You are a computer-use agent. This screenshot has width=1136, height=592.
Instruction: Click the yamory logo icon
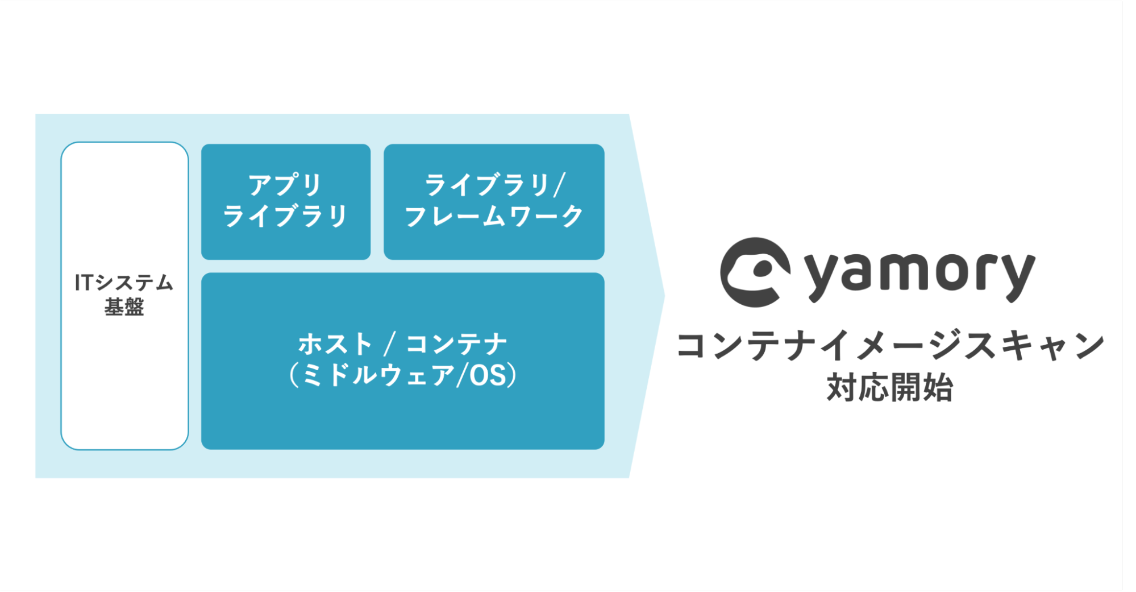click(755, 272)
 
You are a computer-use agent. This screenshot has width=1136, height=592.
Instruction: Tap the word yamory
click(919, 275)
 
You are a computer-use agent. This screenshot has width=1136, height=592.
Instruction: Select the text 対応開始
click(889, 388)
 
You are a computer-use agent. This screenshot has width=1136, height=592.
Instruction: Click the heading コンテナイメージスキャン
click(890, 346)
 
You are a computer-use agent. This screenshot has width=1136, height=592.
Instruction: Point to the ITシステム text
click(124, 283)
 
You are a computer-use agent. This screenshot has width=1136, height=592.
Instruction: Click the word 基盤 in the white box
click(124, 307)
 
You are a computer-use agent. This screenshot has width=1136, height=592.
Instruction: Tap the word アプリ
click(285, 185)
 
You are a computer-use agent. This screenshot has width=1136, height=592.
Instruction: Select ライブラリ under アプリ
click(285, 216)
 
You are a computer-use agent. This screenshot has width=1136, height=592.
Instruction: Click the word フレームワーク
click(494, 216)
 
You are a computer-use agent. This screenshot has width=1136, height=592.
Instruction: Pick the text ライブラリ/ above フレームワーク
click(494, 185)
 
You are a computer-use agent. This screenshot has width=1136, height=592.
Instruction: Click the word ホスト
click(335, 344)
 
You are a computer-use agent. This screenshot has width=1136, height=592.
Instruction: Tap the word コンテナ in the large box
click(456, 344)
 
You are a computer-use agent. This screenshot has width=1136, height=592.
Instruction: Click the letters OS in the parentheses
click(488, 375)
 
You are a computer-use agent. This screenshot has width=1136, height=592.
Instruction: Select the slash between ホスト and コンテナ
click(390, 344)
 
